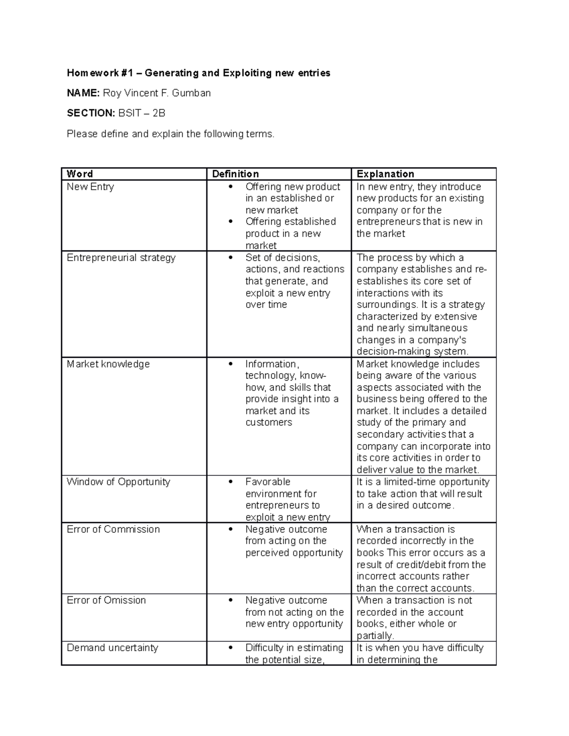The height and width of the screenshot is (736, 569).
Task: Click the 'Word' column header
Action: pos(80,174)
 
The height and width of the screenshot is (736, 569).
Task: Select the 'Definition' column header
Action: pos(235,174)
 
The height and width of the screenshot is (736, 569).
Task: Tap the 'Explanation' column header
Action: pos(385,174)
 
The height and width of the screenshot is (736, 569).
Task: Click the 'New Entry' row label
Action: pos(90,187)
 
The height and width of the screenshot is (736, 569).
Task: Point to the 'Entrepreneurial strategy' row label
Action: pos(121,258)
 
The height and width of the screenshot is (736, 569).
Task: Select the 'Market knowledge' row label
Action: pos(108,364)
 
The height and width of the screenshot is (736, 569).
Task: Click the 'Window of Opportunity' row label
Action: pos(118,482)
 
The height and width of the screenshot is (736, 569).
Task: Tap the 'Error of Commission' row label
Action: pos(113,529)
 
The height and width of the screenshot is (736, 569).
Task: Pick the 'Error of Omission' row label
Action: pos(106,600)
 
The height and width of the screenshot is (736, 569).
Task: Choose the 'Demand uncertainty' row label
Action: pos(112,648)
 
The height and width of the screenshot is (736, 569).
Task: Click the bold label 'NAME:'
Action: pos(83,93)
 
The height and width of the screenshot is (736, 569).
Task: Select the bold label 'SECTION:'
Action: pos(91,113)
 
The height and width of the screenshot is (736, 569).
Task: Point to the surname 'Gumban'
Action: pos(192,93)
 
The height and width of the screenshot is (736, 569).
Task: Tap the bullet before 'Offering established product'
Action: pos(231,222)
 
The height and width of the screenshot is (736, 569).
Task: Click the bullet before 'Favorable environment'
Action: pos(231,482)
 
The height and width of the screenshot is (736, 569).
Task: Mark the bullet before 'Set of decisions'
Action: pos(231,258)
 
